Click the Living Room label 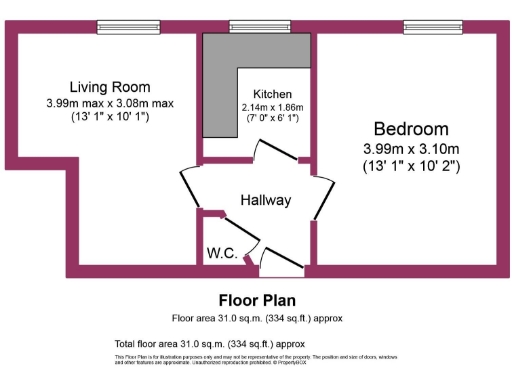click(109, 86)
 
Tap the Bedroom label click(410, 128)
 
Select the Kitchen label click(272, 93)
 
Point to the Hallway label click(265, 200)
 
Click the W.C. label click(221, 253)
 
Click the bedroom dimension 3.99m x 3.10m click(410, 148)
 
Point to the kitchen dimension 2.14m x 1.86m click(272, 107)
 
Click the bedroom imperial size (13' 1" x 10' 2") click(410, 167)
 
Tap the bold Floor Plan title click(256, 300)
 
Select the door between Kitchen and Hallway click(275, 151)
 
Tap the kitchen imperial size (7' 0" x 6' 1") click(272, 119)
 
